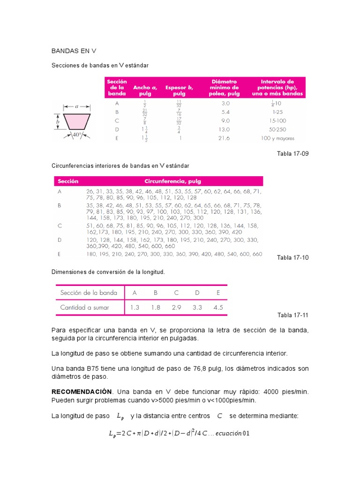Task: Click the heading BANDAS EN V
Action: click(x=73, y=51)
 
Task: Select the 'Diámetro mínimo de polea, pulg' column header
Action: click(x=224, y=88)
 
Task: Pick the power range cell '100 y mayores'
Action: click(x=277, y=138)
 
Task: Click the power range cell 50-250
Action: click(x=277, y=129)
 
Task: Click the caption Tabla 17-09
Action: click(x=293, y=154)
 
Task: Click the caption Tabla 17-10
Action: click(x=293, y=257)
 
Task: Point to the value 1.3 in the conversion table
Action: click(x=135, y=307)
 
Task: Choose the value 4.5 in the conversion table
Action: click(x=218, y=307)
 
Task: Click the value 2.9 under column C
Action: click(x=176, y=307)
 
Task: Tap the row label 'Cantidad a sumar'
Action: click(x=84, y=307)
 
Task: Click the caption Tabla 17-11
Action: click(x=293, y=315)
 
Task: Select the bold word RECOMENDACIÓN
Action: click(x=82, y=391)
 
